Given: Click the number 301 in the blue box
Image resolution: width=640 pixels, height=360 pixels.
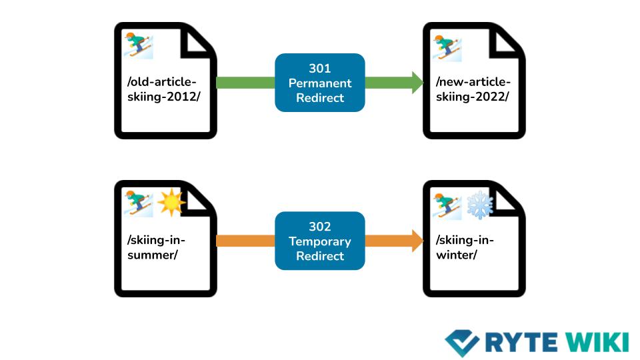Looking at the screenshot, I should pos(320,69).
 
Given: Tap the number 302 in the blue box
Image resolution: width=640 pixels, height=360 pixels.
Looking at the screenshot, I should pos(320,227).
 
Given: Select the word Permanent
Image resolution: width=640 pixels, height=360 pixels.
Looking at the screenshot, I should pos(320,83).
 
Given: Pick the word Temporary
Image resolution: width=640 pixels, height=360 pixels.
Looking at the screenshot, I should pos(320,241).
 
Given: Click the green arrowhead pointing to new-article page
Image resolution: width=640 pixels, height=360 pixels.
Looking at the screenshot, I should pos(417,83).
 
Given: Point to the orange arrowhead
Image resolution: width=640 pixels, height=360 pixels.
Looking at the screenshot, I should pos(417,241).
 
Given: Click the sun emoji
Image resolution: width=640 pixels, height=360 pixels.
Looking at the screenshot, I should pos(171,203).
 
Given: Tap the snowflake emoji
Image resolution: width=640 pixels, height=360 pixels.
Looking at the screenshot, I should pos(479,204).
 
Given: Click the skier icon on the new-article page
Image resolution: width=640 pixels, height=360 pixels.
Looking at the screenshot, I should pos(447,49).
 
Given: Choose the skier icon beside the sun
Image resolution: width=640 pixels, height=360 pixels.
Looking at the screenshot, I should pos(139,203).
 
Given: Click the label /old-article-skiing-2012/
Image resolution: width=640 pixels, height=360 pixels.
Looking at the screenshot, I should pos(162,89).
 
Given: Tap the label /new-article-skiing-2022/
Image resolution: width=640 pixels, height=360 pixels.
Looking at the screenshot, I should pos(473,89).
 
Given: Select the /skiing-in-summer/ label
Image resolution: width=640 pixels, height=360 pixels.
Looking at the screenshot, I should pos(153,247).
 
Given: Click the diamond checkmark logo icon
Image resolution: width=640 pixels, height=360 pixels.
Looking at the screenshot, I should pos(462,342).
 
